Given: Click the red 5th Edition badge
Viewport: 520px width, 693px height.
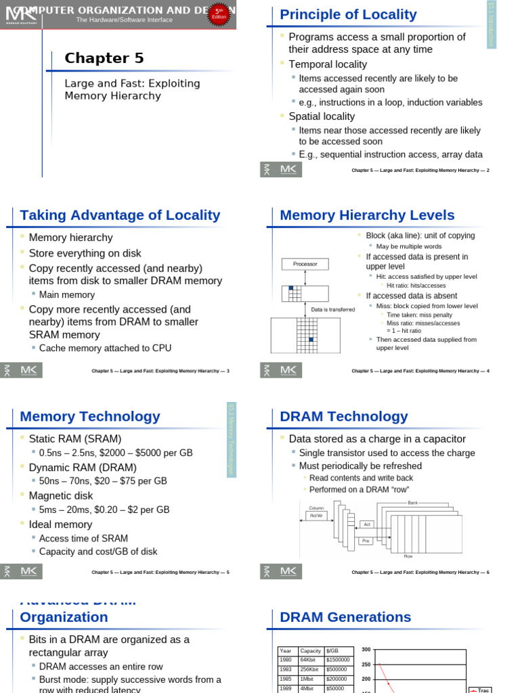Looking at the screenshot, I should pyautogui.click(x=218, y=14).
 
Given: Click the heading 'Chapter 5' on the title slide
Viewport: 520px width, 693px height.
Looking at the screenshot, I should pyautogui.click(x=104, y=58).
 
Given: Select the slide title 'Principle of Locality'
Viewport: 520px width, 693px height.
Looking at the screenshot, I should pyautogui.click(x=348, y=14).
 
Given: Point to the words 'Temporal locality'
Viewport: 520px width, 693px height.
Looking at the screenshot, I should pyautogui.click(x=328, y=64).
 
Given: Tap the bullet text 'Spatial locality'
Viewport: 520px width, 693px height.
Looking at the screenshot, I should pyautogui.click(x=322, y=116).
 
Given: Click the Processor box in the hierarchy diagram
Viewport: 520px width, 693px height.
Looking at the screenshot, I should pyautogui.click(x=305, y=264).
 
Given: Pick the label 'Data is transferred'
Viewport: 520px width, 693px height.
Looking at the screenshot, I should pyautogui.click(x=332, y=310).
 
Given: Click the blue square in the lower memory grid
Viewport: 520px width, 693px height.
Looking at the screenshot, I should pyautogui.click(x=311, y=339).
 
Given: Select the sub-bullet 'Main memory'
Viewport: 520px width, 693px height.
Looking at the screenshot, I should pyautogui.click(x=67, y=294).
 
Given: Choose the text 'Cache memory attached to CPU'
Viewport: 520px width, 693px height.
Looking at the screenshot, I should pyautogui.click(x=105, y=348).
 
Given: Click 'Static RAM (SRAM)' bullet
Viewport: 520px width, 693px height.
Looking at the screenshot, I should pyautogui.click(x=75, y=439).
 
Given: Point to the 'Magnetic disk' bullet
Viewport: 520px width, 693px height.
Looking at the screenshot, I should pyautogui.click(x=61, y=495).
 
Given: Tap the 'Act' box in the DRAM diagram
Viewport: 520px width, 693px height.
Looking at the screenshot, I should pyautogui.click(x=366, y=524).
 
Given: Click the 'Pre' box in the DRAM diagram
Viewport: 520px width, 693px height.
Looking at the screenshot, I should pyautogui.click(x=366, y=541).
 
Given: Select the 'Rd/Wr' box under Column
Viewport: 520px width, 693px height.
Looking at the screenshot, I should pyautogui.click(x=316, y=515).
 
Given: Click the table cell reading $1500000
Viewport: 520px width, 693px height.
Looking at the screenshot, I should pyautogui.click(x=338, y=659).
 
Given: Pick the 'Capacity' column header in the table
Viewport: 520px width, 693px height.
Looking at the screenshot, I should pyautogui.click(x=311, y=650).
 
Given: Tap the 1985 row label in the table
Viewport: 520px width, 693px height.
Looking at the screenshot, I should pyautogui.click(x=286, y=678).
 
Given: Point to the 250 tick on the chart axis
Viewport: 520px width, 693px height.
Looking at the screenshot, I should pyautogui.click(x=366, y=665).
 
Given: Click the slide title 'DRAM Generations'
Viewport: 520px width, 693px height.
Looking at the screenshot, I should pyautogui.click(x=345, y=617).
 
